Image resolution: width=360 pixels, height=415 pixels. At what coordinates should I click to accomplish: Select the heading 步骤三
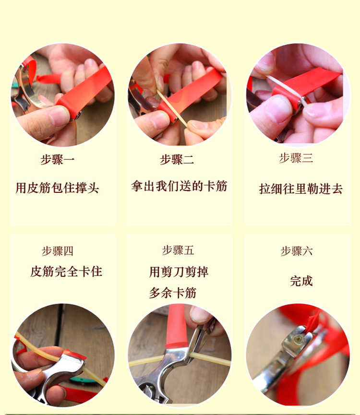tap(296, 158)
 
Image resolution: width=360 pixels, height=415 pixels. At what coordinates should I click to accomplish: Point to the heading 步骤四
tap(58, 250)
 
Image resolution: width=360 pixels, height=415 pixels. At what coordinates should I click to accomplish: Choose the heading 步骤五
tap(178, 250)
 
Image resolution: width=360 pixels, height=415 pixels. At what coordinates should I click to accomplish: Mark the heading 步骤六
tap(297, 251)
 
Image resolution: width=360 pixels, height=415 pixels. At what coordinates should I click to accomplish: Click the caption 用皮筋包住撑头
tap(57, 188)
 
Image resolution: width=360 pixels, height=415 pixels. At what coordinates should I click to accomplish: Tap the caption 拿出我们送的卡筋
tap(179, 186)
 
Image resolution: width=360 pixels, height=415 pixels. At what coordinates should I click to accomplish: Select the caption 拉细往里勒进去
tap(301, 189)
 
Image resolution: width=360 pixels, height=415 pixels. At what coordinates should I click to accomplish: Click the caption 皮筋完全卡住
tap(66, 272)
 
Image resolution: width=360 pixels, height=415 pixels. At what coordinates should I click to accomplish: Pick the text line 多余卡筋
tap(172, 293)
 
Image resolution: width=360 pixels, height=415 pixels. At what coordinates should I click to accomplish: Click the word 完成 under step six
tap(301, 281)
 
